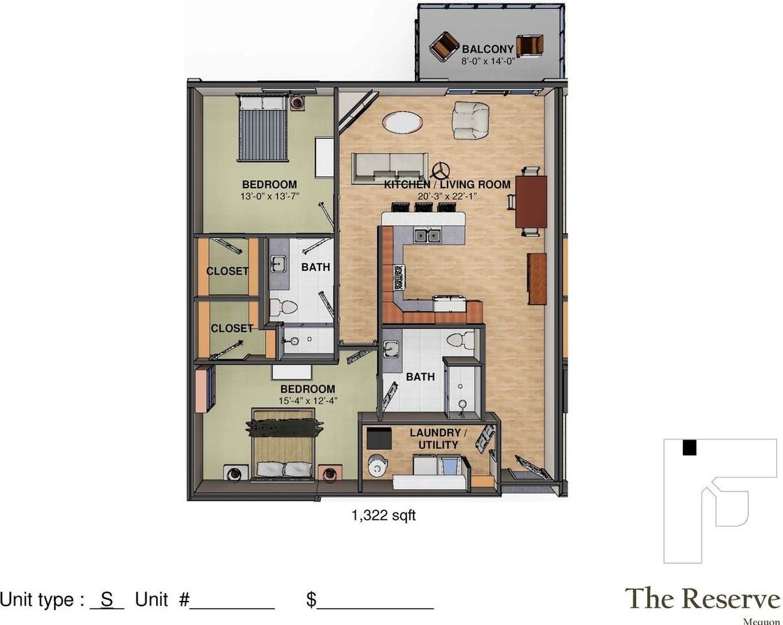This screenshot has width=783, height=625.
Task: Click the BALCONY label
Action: click(488, 49)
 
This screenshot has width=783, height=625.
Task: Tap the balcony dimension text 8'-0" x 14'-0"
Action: click(488, 61)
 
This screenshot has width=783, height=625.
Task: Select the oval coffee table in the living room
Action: click(402, 122)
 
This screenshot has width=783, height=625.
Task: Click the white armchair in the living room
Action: click(470, 120)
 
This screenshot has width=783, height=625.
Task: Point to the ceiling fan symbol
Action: click(441, 171)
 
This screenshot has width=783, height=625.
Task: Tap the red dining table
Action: click(531, 202)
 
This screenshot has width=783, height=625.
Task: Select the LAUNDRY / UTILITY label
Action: click(438, 439)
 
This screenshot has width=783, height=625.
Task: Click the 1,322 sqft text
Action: click(384, 516)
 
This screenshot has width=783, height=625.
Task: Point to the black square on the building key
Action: click(689, 447)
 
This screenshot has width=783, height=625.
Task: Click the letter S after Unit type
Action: click(107, 600)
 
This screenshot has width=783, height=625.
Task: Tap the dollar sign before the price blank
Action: click(311, 600)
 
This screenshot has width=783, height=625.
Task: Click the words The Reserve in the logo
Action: click(702, 598)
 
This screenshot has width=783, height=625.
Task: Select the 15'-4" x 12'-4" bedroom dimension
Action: click(308, 401)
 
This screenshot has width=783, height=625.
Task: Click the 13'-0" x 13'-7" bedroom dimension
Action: click(269, 197)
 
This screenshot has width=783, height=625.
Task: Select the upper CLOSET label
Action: click(228, 271)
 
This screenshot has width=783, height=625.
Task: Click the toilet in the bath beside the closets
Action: click(284, 306)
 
